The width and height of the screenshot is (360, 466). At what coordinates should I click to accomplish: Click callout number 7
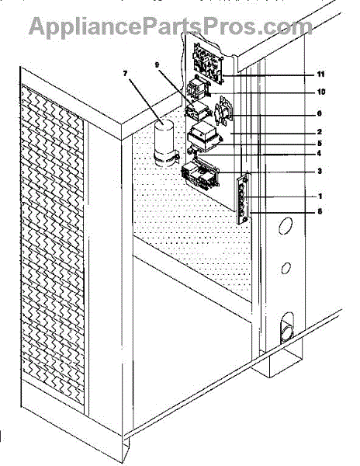coord(125,74)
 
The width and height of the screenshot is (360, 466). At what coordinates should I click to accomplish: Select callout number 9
coord(157,64)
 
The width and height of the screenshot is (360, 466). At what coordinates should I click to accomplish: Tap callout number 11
coord(321,75)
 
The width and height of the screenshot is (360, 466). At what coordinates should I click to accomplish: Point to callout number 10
coord(321,92)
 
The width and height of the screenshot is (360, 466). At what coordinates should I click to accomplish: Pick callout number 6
coord(320,113)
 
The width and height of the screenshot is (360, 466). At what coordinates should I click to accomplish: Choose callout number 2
coord(320,132)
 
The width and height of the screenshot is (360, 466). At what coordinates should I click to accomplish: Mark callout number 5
coord(320,143)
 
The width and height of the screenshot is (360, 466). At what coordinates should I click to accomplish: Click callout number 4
coord(320,153)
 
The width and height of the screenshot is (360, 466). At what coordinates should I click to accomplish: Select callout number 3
coord(320,171)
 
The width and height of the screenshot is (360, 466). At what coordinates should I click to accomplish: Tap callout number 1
coord(320,196)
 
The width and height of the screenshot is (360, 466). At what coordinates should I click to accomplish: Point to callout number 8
coord(320,211)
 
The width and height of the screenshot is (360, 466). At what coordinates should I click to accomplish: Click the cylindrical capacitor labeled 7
coord(164,143)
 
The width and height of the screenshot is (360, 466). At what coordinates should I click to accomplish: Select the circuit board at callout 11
coord(208,64)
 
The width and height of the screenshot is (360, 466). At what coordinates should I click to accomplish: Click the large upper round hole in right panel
coord(286,226)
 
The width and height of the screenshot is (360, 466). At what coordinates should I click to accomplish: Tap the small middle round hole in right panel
coord(286,268)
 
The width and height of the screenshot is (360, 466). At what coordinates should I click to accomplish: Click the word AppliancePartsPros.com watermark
coord(171,26)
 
